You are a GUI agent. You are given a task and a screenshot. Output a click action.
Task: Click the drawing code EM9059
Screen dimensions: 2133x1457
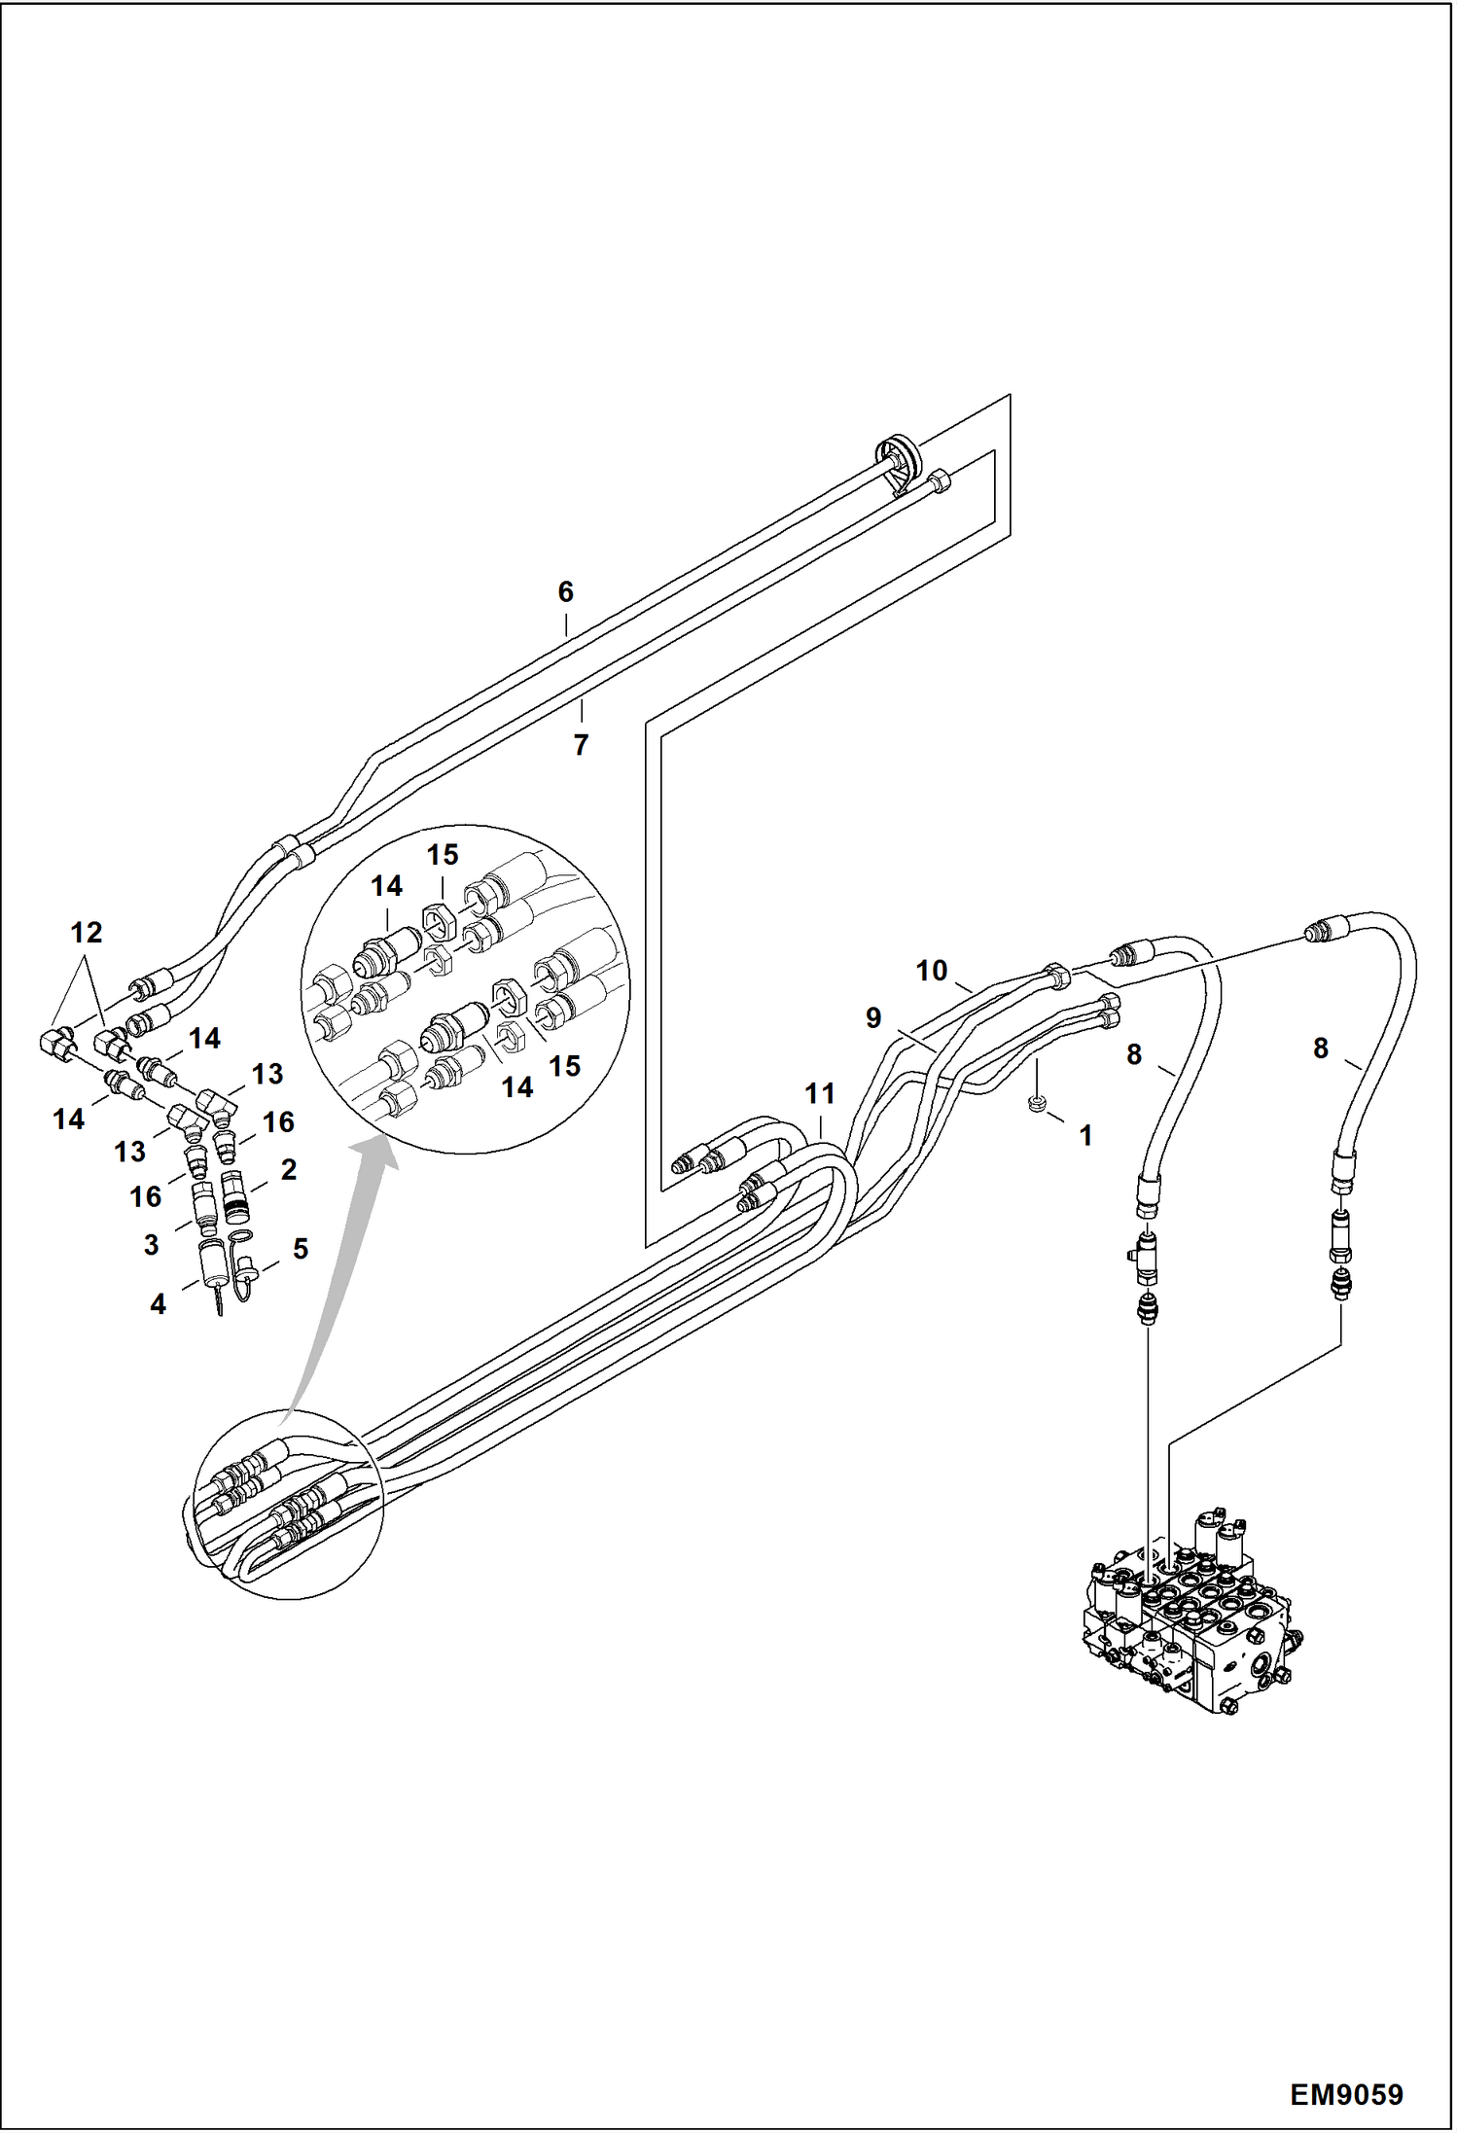1346,2094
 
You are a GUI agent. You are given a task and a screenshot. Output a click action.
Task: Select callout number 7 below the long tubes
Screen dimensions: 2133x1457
581,744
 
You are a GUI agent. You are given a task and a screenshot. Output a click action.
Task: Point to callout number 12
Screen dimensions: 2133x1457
87,932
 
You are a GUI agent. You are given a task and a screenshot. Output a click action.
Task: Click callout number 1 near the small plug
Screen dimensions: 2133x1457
1085,1135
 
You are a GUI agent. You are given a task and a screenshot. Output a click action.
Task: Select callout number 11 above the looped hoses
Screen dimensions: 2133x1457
820,1093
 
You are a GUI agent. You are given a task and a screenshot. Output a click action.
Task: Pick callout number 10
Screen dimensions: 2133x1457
931,970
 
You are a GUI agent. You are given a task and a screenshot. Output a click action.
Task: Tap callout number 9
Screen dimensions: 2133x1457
873,1017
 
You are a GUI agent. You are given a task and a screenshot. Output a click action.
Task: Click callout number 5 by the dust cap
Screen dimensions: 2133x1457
301,1248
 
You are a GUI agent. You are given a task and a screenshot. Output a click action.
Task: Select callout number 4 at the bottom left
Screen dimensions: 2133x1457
158,1303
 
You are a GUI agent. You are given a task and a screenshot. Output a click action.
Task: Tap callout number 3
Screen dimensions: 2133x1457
151,1244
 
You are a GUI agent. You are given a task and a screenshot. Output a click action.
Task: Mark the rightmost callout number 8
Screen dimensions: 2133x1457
1320,1048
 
